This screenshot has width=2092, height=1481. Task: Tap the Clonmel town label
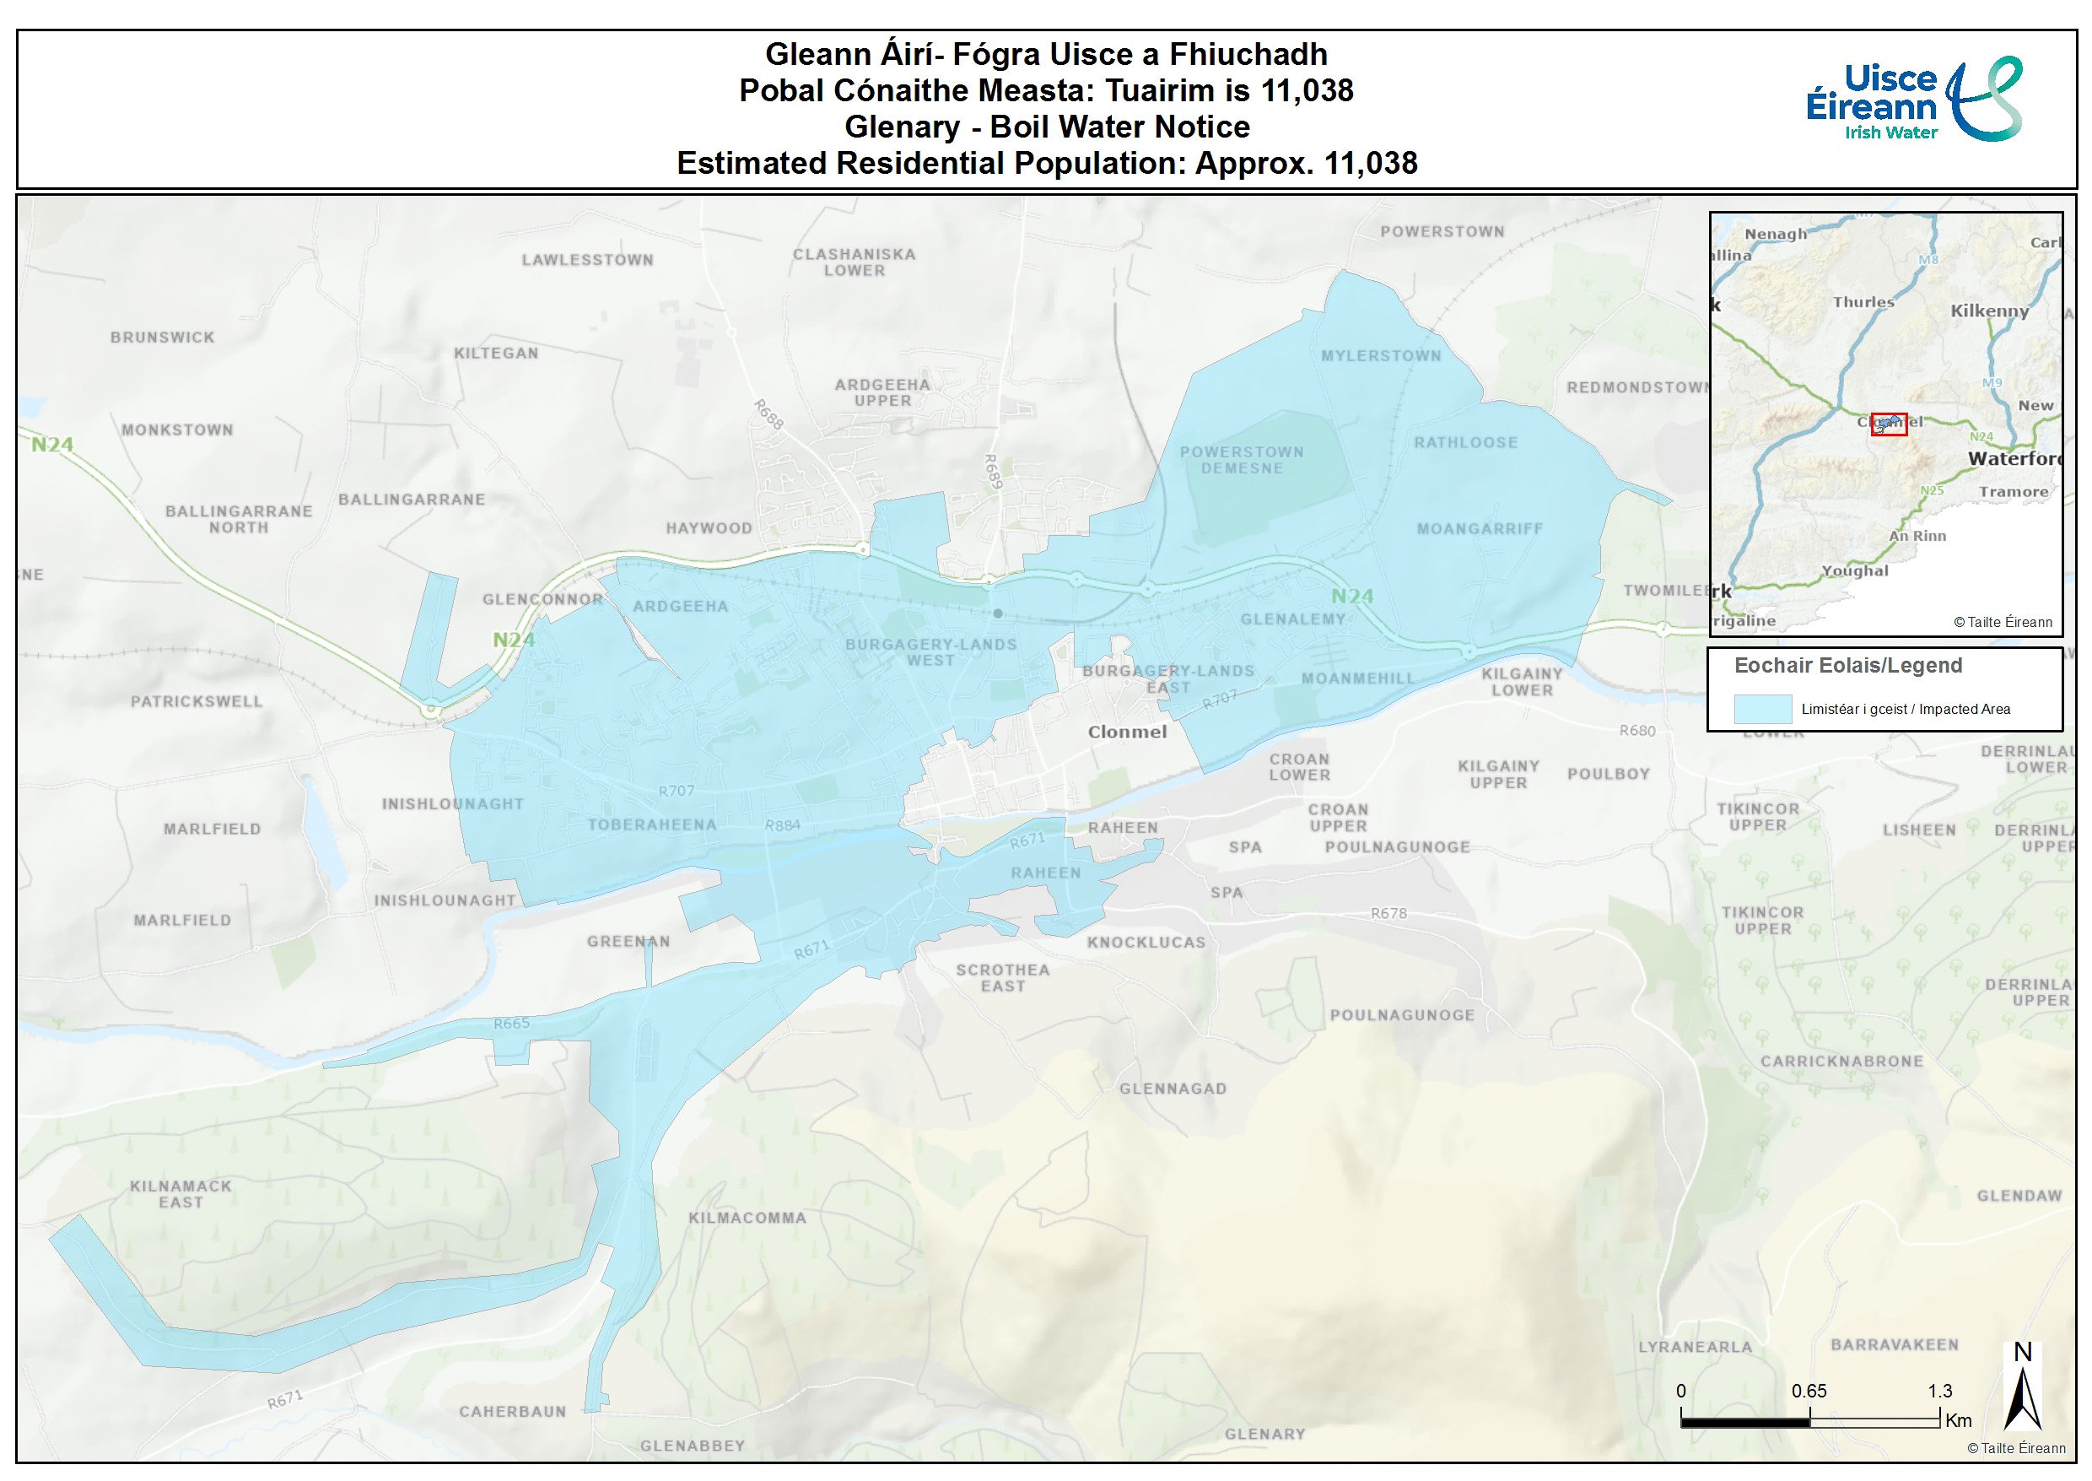pyautogui.click(x=1127, y=732)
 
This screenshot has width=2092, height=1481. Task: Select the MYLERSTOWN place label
pyautogui.click(x=1381, y=355)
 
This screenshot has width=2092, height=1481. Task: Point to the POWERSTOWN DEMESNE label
pyautogui.click(x=1241, y=460)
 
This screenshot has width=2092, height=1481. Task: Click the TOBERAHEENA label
pyautogui.click(x=652, y=824)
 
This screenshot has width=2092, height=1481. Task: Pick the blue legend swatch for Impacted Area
pyautogui.click(x=1762, y=709)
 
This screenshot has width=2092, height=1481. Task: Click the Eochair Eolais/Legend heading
pyautogui.click(x=1847, y=665)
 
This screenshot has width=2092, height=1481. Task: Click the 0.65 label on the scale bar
pyautogui.click(x=1809, y=1391)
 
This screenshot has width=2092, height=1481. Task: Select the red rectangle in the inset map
pyautogui.click(x=1888, y=424)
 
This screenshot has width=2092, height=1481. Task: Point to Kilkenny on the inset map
pyautogui.click(x=1989, y=311)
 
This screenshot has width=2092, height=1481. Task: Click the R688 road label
pyautogui.click(x=768, y=414)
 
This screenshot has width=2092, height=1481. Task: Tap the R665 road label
pyautogui.click(x=511, y=1024)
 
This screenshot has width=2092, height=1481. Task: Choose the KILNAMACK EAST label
pyautogui.click(x=181, y=1194)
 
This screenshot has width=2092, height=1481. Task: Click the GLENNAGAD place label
pyautogui.click(x=1173, y=1088)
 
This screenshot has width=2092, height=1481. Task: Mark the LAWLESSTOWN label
pyautogui.click(x=587, y=260)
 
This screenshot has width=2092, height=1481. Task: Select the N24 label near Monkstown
pyautogui.click(x=52, y=444)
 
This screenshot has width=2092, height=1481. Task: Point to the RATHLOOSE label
pyautogui.click(x=1465, y=442)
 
